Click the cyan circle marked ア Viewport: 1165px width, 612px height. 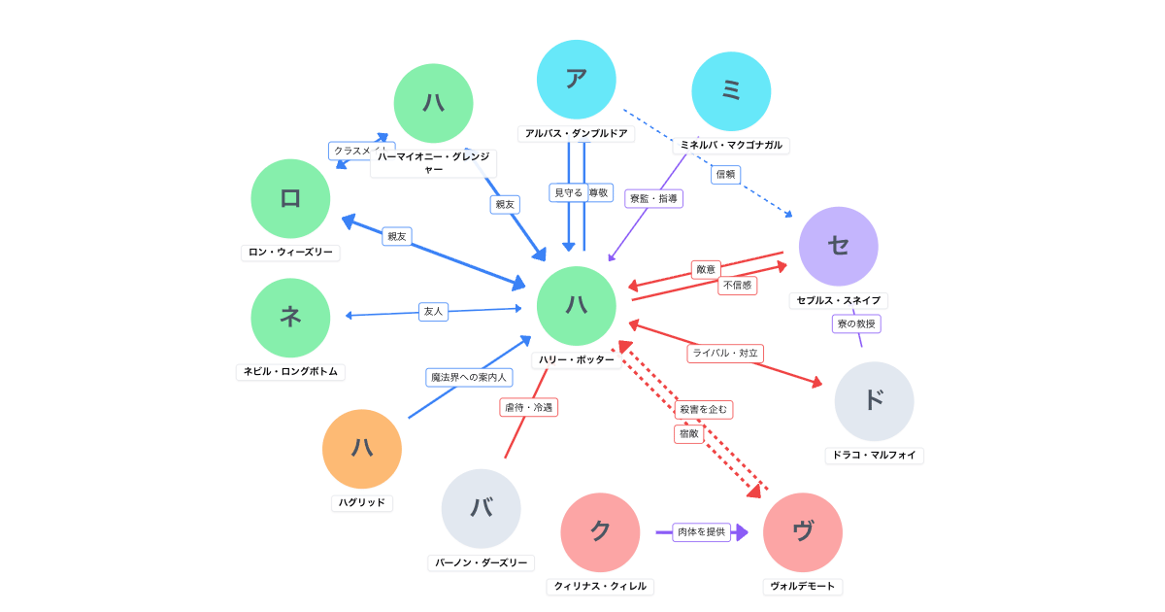coord(577,80)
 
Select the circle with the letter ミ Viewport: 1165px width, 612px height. coord(731,91)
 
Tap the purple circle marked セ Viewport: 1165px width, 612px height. coord(839,246)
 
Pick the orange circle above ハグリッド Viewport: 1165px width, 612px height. coord(362,449)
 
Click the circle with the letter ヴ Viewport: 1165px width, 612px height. coord(803,532)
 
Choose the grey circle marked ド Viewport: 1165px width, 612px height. coord(874,401)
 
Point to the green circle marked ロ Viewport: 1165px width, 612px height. coord(290,199)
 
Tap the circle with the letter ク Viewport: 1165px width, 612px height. coord(600,532)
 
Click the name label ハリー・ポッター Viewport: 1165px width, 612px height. coord(577,359)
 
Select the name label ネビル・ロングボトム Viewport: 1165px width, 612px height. coord(290,372)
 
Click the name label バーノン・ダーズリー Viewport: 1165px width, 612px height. coord(482,562)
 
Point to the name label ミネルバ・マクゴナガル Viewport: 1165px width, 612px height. coord(731,145)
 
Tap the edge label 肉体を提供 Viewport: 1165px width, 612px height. coord(702,531)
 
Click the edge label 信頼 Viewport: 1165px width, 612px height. coord(726,174)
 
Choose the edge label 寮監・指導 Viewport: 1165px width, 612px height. coord(654,198)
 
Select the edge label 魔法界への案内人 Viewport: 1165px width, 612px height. coord(469,377)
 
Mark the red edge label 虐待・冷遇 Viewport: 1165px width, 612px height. coord(529,407)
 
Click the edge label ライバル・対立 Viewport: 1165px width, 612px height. coord(725,353)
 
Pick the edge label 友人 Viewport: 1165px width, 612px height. coord(433,311)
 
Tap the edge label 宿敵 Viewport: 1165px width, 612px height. coord(689,434)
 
